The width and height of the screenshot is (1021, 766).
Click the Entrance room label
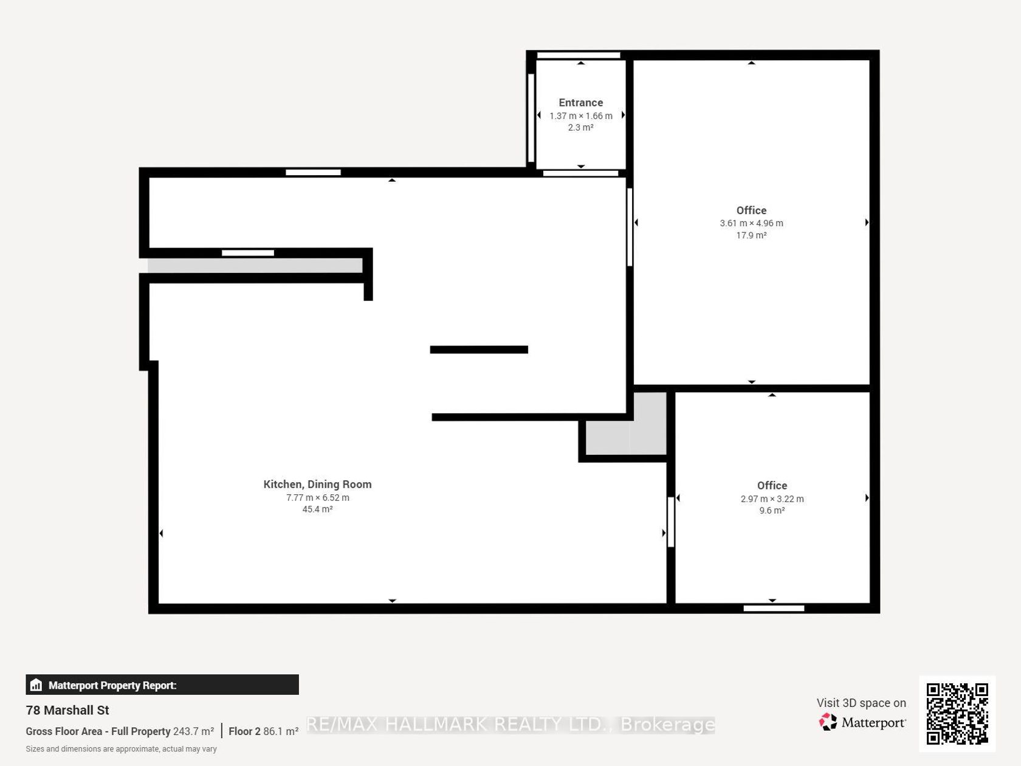(580, 103)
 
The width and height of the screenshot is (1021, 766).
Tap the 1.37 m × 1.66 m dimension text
(580, 116)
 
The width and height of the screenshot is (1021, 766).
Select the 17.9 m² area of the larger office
(751, 235)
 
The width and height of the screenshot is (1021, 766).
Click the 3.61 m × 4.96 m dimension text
(751, 223)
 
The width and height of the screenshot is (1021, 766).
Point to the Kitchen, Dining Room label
(317, 485)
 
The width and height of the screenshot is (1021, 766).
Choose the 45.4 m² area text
(317, 509)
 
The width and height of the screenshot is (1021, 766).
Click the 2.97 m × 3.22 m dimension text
(772, 499)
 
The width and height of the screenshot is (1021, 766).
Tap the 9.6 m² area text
(772, 511)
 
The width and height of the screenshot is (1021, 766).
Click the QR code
(957, 714)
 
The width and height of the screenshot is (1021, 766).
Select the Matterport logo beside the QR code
(862, 722)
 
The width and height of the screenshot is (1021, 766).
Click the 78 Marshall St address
(67, 710)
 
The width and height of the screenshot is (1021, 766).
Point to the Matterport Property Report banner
(162, 685)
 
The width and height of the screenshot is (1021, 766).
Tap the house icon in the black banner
(36, 685)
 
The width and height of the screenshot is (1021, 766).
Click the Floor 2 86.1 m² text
(263, 731)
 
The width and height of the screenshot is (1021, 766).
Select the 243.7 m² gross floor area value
(193, 731)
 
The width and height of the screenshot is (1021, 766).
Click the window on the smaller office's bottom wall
(774, 609)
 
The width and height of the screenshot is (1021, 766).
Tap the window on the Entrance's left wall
(531, 118)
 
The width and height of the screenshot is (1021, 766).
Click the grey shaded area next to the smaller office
(625, 423)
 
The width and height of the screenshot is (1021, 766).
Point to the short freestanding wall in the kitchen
(479, 350)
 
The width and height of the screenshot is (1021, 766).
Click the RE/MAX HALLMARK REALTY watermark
(510, 725)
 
